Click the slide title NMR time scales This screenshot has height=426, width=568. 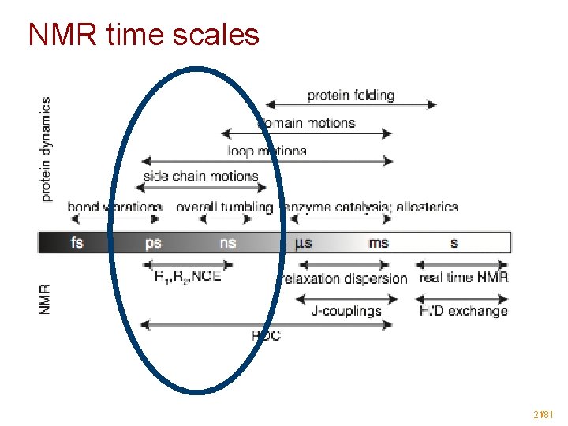144,34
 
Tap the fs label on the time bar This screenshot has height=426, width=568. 77,242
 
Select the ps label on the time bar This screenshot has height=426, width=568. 153,242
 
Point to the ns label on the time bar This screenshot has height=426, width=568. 227,242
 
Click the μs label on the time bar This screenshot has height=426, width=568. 304,242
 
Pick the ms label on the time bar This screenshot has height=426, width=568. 379,242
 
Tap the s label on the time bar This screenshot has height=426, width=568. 454,242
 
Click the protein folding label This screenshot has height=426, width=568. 350,95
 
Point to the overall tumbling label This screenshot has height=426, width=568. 224,207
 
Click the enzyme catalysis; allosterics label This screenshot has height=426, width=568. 371,207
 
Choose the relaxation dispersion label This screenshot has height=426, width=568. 345,278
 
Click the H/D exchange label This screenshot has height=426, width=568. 464,311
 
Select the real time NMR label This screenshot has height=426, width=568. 464,277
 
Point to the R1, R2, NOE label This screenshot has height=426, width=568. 188,277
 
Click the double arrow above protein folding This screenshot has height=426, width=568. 350,104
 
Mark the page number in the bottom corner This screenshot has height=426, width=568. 543,413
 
